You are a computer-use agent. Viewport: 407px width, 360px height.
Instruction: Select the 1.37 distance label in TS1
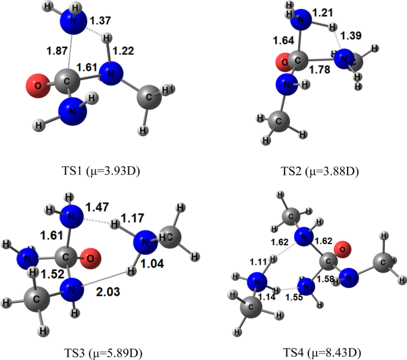tap(101, 22)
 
